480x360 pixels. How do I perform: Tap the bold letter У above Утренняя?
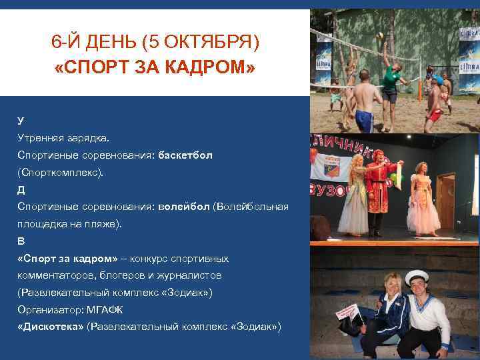click(21, 120)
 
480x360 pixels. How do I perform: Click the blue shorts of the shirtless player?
click(364, 120)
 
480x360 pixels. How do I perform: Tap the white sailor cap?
click(417, 275)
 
